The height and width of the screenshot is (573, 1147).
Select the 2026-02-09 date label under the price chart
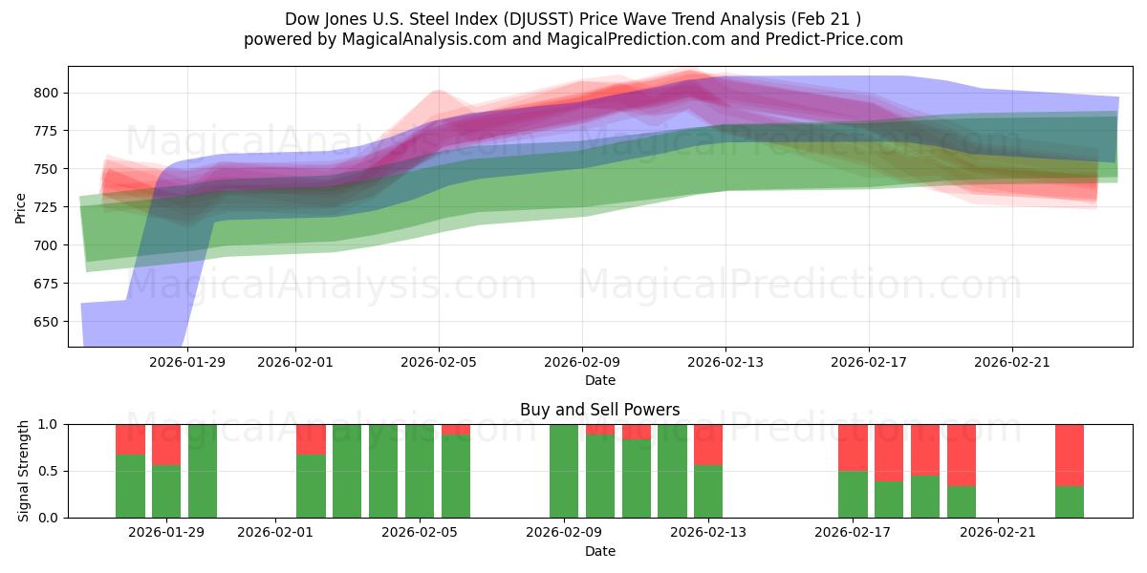click(x=582, y=362)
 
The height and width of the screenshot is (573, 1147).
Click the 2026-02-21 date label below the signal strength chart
click(x=998, y=532)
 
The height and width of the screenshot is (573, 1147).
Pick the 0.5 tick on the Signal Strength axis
click(x=48, y=471)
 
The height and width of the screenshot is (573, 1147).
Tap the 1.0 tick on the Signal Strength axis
click(x=48, y=424)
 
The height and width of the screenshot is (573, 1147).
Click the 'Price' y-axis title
click(x=20, y=206)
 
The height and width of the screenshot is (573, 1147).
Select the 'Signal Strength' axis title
click(x=24, y=471)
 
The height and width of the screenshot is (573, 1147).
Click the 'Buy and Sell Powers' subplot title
click(x=600, y=410)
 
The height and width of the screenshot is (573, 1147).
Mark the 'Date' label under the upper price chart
click(x=600, y=380)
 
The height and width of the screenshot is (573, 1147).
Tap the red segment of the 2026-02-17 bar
click(x=853, y=447)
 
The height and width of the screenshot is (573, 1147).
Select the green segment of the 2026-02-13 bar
click(x=708, y=491)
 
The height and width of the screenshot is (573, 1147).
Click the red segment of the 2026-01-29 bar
click(x=166, y=444)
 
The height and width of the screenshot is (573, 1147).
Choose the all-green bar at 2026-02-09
click(x=564, y=471)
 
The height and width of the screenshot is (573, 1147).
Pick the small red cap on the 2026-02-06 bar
click(x=456, y=429)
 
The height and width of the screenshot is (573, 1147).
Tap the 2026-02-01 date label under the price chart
click(x=294, y=362)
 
